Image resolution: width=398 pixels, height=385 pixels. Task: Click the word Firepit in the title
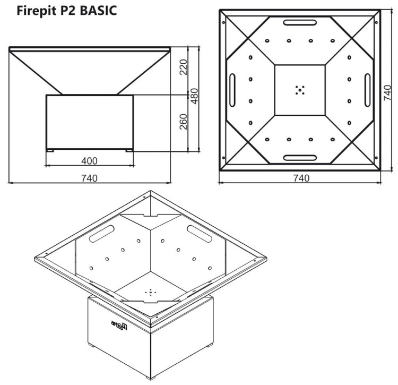pos(36,11)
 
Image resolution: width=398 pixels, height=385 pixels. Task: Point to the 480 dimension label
pos(194,96)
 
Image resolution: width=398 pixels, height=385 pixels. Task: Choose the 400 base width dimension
pos(89,160)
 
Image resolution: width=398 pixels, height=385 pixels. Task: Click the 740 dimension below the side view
pos(89,178)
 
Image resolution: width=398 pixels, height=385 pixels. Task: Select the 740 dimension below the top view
pos(301,178)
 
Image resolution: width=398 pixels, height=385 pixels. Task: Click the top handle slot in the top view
pos(300,22)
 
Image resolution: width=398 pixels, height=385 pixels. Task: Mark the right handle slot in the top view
pos(367,90)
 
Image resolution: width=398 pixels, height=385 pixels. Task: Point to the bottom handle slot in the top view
pos(300,158)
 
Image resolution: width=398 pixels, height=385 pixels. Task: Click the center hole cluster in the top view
pos(300,90)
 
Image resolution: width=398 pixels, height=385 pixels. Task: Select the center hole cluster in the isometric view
pos(151,292)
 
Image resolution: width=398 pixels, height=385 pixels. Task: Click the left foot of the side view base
pos(50,151)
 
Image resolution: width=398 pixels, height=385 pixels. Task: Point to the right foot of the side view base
pos(128,151)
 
